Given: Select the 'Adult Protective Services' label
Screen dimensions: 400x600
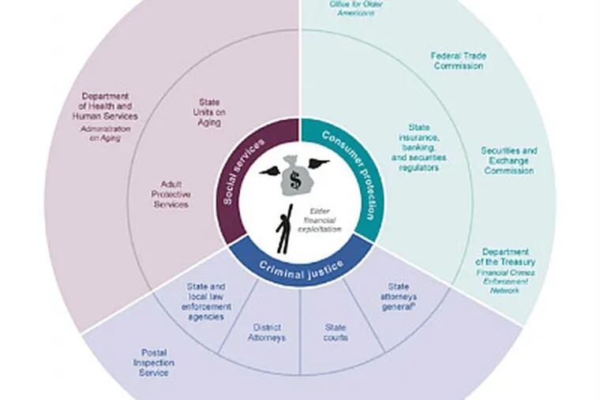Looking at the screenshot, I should [x=170, y=193].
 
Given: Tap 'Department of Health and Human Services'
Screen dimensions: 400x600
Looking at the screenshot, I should [x=110, y=107].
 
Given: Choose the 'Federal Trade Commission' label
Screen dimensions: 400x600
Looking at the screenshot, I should [x=458, y=61].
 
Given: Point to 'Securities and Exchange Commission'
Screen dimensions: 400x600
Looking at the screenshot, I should [x=509, y=160].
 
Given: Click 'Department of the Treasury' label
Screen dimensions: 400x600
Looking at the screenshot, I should [x=505, y=256].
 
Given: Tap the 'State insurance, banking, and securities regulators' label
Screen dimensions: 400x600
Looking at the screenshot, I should [x=418, y=147].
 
